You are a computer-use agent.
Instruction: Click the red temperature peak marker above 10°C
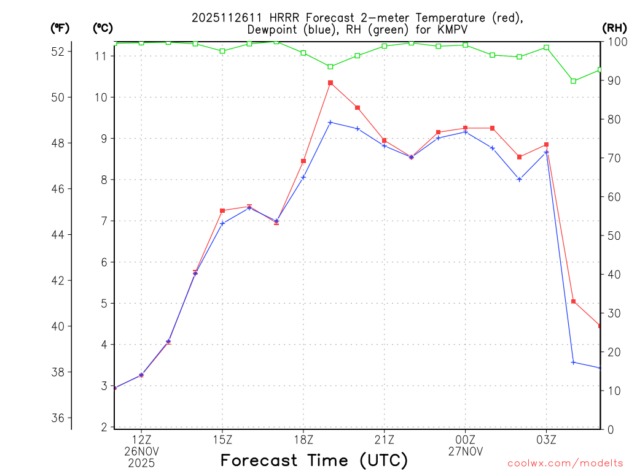(330, 83)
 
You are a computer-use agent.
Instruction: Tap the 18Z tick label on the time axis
(303, 440)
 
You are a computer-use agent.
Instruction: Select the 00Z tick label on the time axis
(465, 440)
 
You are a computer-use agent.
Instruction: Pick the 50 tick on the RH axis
(612, 235)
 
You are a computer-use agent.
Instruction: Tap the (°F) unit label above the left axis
(60, 28)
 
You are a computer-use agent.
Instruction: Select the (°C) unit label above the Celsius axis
(103, 28)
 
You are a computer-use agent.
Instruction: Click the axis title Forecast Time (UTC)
(314, 460)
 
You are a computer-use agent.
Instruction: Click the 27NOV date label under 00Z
(465, 451)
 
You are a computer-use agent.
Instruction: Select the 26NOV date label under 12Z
(141, 451)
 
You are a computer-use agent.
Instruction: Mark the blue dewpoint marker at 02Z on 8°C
(520, 180)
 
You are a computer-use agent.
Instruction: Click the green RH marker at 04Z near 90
(573, 81)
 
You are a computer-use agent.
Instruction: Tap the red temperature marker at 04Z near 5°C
(573, 302)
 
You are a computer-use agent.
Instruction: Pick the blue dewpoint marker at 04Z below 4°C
(573, 362)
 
